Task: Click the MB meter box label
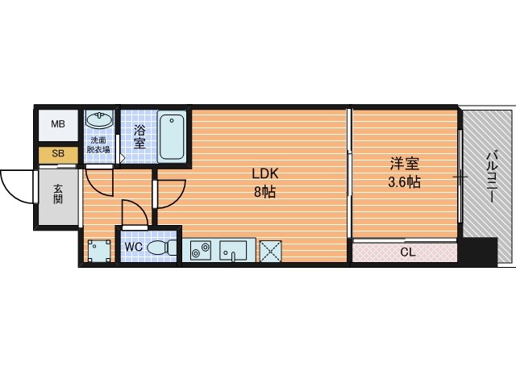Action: (x=58, y=124)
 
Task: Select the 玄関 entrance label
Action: (x=58, y=194)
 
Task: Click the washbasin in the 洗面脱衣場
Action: (x=98, y=119)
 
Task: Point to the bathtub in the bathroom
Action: (x=172, y=136)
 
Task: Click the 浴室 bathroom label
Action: (x=139, y=137)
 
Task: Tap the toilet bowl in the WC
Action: (x=161, y=248)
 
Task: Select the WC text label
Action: (x=134, y=247)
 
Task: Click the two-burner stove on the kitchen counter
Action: (x=201, y=250)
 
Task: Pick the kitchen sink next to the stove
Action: (x=233, y=251)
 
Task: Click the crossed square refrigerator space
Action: (x=271, y=252)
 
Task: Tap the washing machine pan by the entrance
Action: (x=99, y=251)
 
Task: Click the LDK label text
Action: (x=265, y=173)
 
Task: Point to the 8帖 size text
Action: (x=265, y=192)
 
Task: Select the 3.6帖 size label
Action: (x=405, y=181)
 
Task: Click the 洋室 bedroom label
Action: (x=405, y=164)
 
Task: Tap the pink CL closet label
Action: (x=408, y=252)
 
